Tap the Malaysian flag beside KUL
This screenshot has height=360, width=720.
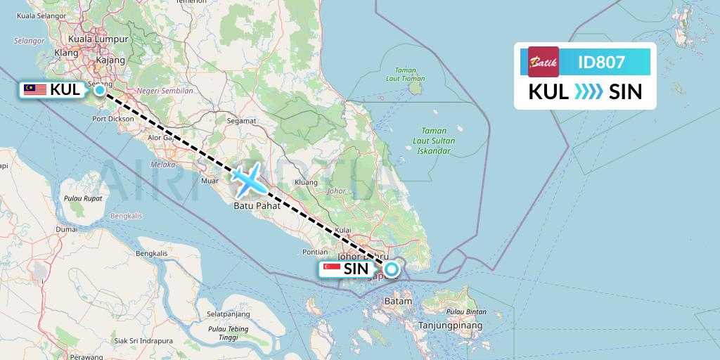(x=35, y=89)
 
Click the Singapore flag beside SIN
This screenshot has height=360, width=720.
(x=331, y=269)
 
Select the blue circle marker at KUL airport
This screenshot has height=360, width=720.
(x=100, y=89)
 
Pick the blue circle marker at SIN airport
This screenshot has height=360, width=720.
(x=392, y=269)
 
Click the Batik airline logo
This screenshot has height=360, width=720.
(x=544, y=62)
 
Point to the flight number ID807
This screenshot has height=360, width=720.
(x=600, y=62)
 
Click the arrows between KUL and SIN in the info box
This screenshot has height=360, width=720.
(x=584, y=92)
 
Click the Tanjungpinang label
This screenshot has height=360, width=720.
(x=450, y=326)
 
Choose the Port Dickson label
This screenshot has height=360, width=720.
(x=112, y=119)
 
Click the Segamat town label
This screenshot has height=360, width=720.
(x=241, y=120)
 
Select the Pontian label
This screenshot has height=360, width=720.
(x=314, y=251)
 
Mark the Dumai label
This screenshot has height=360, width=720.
(x=67, y=229)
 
